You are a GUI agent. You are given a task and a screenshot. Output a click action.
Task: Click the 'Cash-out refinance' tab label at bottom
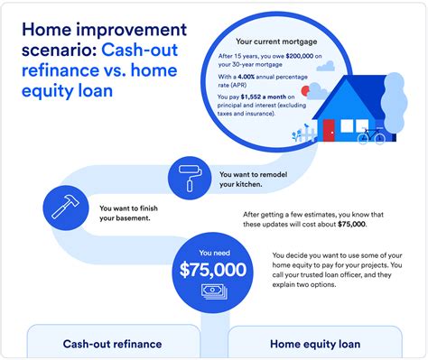[112, 343]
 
